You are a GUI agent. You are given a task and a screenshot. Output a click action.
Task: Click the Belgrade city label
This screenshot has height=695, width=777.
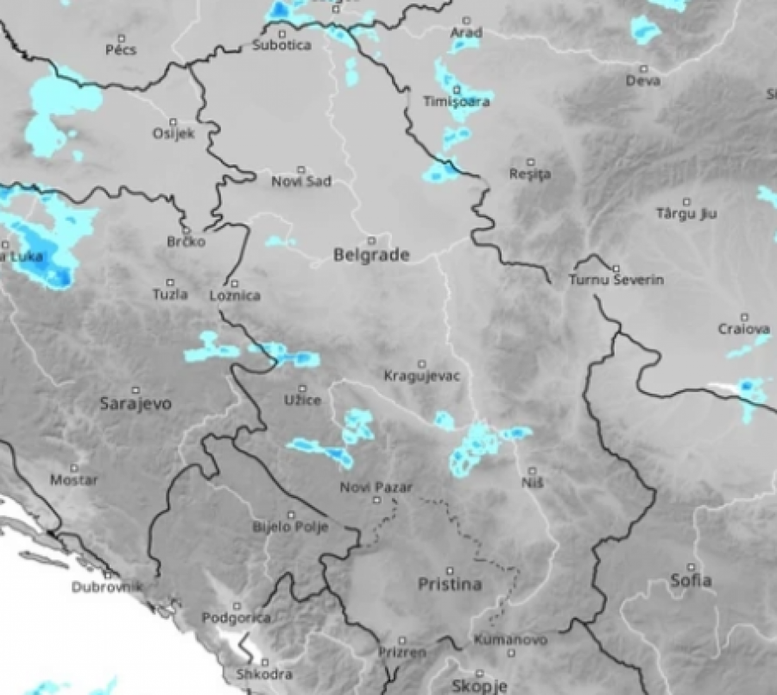pyautogui.click(x=370, y=256)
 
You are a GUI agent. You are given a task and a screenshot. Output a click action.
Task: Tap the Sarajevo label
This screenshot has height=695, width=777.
pyautogui.click(x=136, y=403)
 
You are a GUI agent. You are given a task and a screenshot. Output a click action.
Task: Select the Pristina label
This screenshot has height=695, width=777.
pyautogui.click(x=449, y=584)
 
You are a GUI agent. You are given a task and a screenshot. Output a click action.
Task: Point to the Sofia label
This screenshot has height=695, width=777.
pyautogui.click(x=692, y=580)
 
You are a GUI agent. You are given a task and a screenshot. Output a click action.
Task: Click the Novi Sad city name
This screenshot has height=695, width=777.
pyautogui.click(x=300, y=182)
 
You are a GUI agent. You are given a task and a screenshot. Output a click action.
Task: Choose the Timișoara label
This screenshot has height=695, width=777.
pyautogui.click(x=457, y=102)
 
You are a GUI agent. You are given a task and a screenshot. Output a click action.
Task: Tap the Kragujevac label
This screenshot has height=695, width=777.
pyautogui.click(x=421, y=376)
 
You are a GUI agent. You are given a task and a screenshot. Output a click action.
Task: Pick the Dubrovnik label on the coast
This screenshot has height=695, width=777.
pyautogui.click(x=106, y=588)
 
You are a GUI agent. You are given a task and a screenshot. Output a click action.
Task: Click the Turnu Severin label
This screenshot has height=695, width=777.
pyautogui.click(x=616, y=281)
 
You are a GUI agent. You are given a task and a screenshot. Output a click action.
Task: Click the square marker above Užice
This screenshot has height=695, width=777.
pyautogui.click(x=302, y=389)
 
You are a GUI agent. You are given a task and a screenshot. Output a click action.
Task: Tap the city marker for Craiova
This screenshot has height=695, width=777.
pyautogui.click(x=744, y=317)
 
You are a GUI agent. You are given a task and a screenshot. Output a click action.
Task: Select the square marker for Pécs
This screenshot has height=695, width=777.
pyautogui.click(x=121, y=38)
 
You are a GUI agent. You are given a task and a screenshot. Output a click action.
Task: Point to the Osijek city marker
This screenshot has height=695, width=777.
pyautogui.click(x=174, y=122)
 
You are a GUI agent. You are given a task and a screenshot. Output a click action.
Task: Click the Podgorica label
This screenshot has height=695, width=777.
pyautogui.click(x=236, y=618)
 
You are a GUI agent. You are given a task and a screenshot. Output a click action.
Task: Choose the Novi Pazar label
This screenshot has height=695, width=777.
pyautogui.click(x=372, y=488)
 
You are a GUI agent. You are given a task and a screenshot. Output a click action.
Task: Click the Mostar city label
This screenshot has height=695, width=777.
pyautogui.click(x=73, y=480)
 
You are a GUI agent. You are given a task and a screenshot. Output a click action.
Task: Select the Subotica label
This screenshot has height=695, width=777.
pyautogui.click(x=281, y=45)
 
